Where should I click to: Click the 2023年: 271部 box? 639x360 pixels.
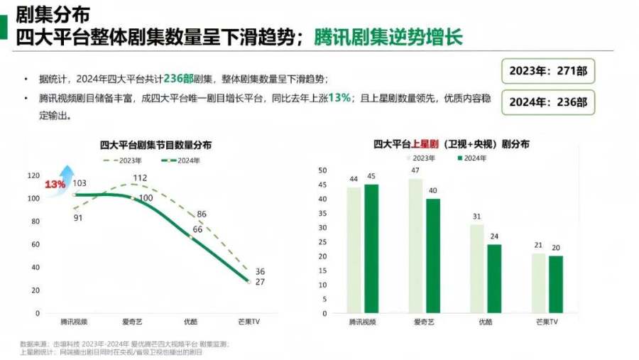(547, 71)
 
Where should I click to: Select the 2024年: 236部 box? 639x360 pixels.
(547, 102)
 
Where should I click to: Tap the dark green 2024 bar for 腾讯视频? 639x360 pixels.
(371, 249)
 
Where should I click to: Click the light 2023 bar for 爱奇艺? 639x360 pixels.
(415, 246)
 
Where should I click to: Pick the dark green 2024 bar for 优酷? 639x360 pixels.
(493, 278)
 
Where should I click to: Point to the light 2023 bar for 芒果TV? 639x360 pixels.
(539, 283)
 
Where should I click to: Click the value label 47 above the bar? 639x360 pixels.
(415, 170)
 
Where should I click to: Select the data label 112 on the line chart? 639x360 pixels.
(139, 178)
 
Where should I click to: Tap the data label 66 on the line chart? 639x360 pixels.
(197, 229)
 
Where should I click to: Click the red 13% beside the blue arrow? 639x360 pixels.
(55, 185)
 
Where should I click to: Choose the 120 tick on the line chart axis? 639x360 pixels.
(33, 175)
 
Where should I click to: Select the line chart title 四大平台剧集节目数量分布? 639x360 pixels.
(155, 145)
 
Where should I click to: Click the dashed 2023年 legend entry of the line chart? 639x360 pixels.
(121, 160)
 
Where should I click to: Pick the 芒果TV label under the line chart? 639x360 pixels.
(249, 322)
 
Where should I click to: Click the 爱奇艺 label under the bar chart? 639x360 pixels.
(425, 322)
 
